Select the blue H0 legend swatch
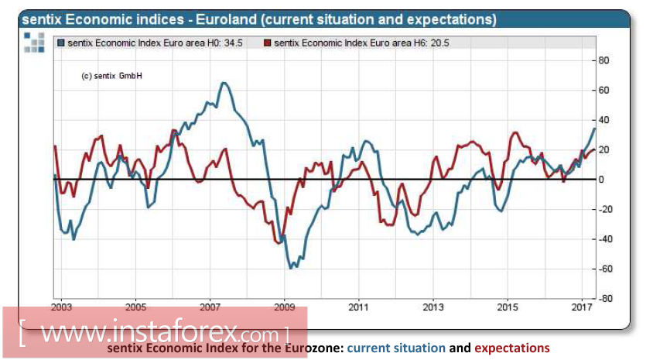(x=61, y=44)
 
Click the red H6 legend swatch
(x=268, y=44)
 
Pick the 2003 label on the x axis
(x=62, y=308)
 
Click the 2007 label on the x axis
(x=210, y=308)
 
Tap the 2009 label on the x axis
(x=285, y=308)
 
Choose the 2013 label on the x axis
(x=433, y=308)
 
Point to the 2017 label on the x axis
(x=581, y=308)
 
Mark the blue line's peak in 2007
(x=223, y=83)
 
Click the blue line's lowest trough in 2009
(x=291, y=268)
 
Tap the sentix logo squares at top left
(x=34, y=43)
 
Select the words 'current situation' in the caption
(x=396, y=348)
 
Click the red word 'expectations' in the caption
(x=512, y=348)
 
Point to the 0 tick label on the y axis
(x=603, y=180)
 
